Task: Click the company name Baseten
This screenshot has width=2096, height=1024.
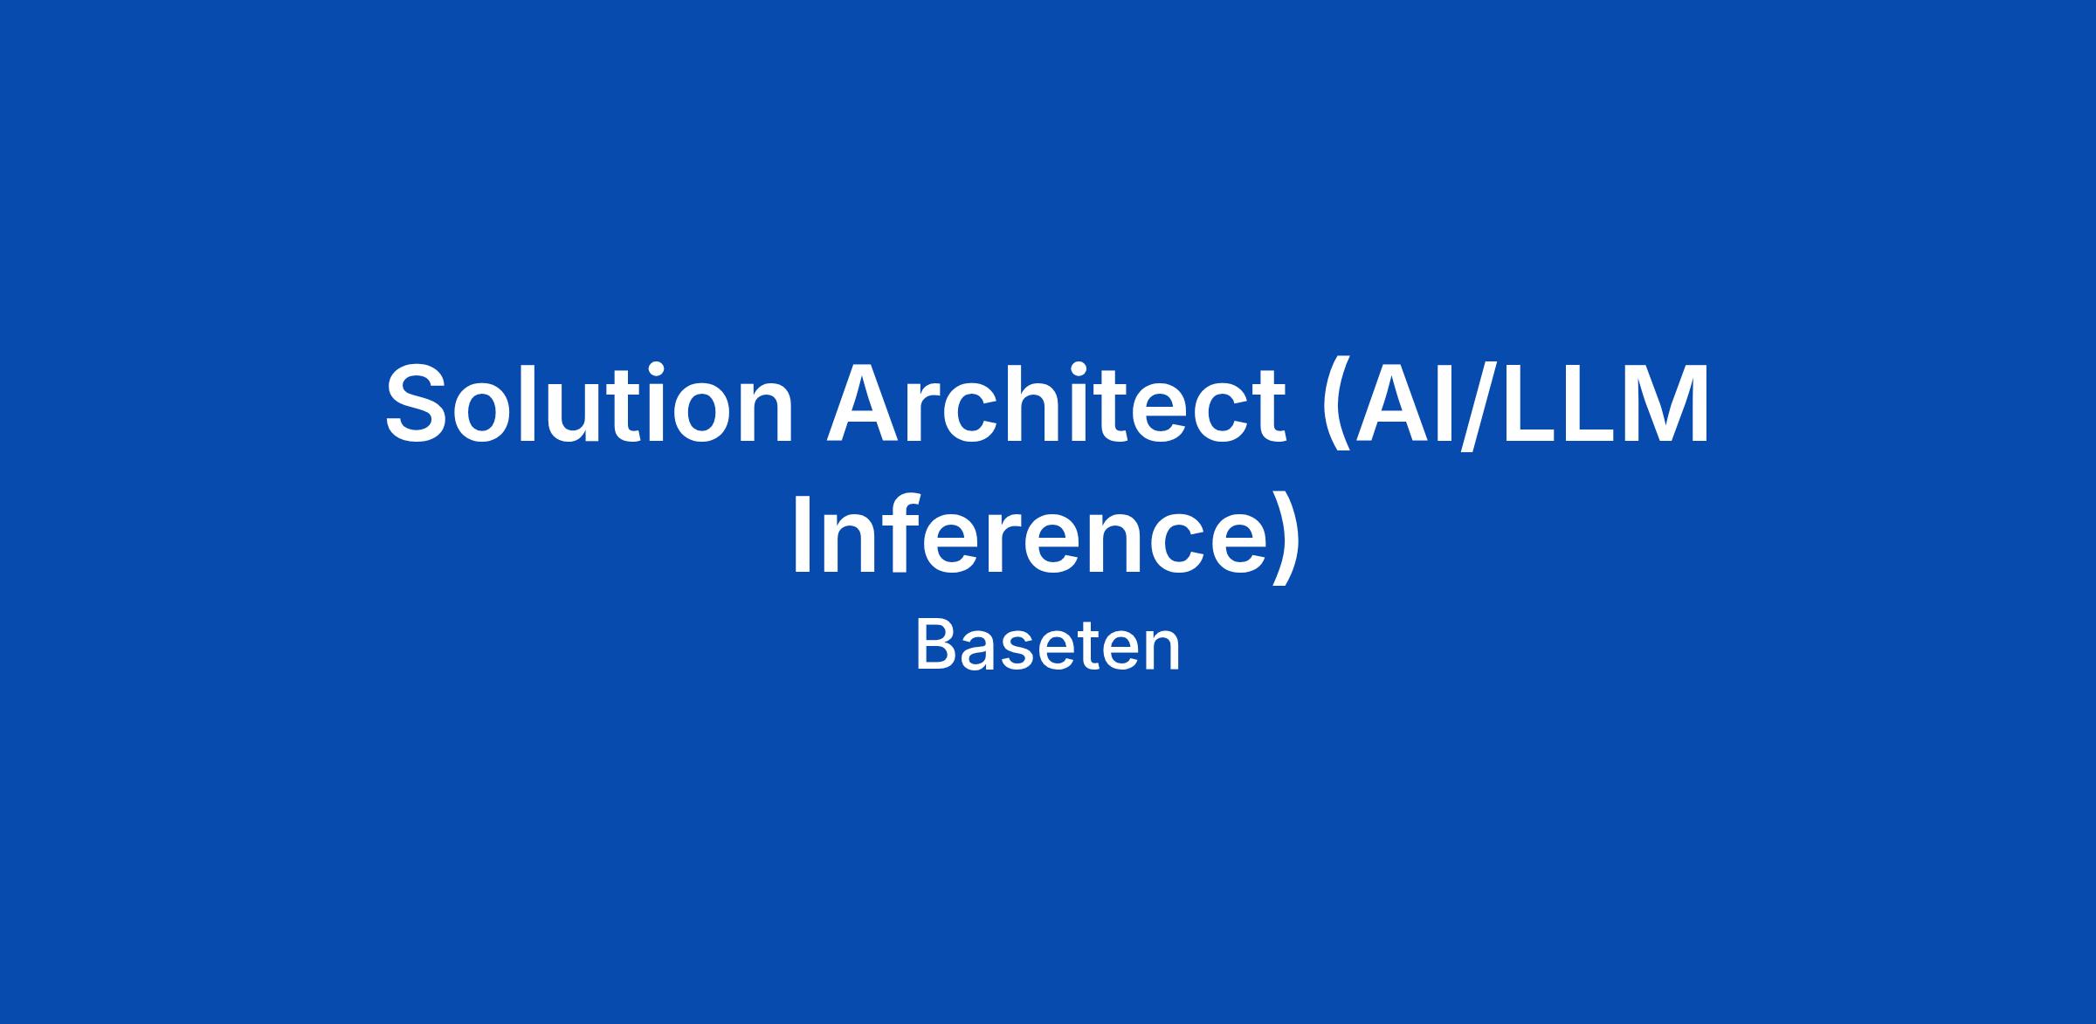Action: (1048, 647)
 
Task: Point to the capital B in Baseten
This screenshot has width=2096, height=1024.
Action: (936, 646)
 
